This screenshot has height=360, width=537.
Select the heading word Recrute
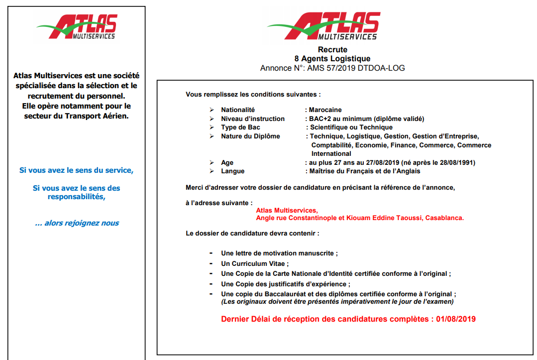point(332,50)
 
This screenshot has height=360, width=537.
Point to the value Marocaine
point(325,110)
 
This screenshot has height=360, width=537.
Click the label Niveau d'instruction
point(253,119)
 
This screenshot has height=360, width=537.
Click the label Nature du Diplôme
point(250,136)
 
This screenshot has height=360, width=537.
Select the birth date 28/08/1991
point(458,162)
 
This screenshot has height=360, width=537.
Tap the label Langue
point(233,171)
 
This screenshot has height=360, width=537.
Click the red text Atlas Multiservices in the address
point(287,210)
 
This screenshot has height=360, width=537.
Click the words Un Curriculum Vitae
point(254,263)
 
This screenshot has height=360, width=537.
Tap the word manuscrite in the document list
point(319,253)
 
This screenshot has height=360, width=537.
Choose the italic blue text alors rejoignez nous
point(77,223)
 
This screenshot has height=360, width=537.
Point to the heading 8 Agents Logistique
point(332,59)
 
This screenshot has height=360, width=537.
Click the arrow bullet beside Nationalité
point(212,110)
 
